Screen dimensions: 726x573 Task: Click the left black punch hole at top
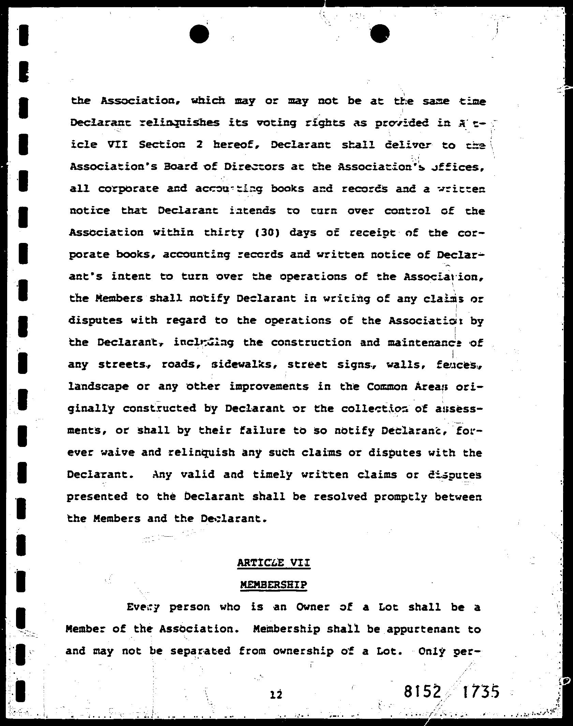[x=199, y=34]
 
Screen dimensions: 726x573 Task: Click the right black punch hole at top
[x=380, y=34]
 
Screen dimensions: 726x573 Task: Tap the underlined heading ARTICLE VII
[x=274, y=562]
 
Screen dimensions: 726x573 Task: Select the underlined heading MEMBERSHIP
[x=274, y=585]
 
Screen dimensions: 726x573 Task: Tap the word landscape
[x=98, y=387]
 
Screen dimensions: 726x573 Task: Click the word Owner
[x=313, y=607]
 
